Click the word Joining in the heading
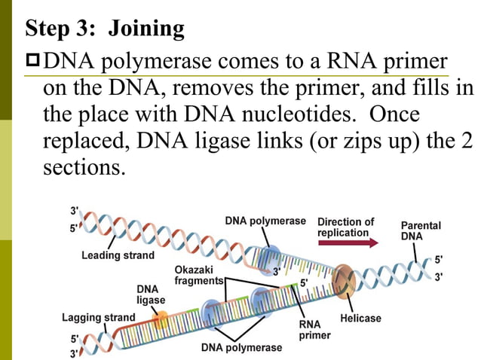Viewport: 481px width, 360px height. pyautogui.click(x=146, y=29)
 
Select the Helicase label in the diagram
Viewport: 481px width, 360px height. pyautogui.click(x=360, y=318)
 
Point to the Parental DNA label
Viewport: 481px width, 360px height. pyautogui.click(x=421, y=230)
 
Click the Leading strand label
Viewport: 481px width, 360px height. pyautogui.click(x=118, y=255)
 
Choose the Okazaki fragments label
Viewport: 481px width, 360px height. pyautogui.click(x=198, y=275)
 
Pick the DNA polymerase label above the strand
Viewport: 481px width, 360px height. pyautogui.click(x=265, y=221)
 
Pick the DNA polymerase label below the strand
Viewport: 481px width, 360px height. pyautogui.click(x=241, y=347)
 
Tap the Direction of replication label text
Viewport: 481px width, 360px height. pyautogui.click(x=345, y=227)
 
